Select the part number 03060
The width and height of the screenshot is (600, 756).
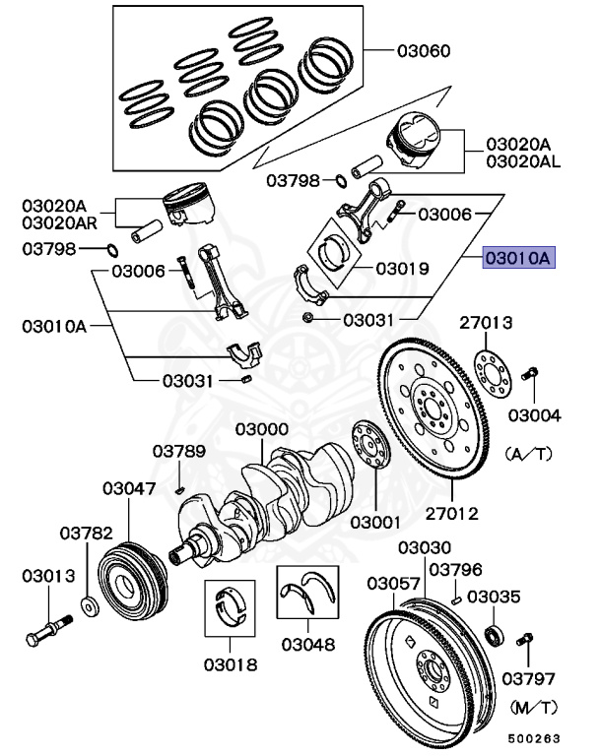[x=424, y=49]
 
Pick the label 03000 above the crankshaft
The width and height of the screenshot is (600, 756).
[x=261, y=429]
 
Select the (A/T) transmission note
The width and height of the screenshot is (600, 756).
[x=533, y=455]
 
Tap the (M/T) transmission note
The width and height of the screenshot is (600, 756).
[x=534, y=707]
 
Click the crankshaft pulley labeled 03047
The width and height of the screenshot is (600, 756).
[x=129, y=580]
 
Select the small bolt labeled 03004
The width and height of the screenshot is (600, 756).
[x=529, y=374]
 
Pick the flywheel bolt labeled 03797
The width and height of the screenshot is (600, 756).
[x=524, y=644]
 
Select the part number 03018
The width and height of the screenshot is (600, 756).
[x=231, y=664]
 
